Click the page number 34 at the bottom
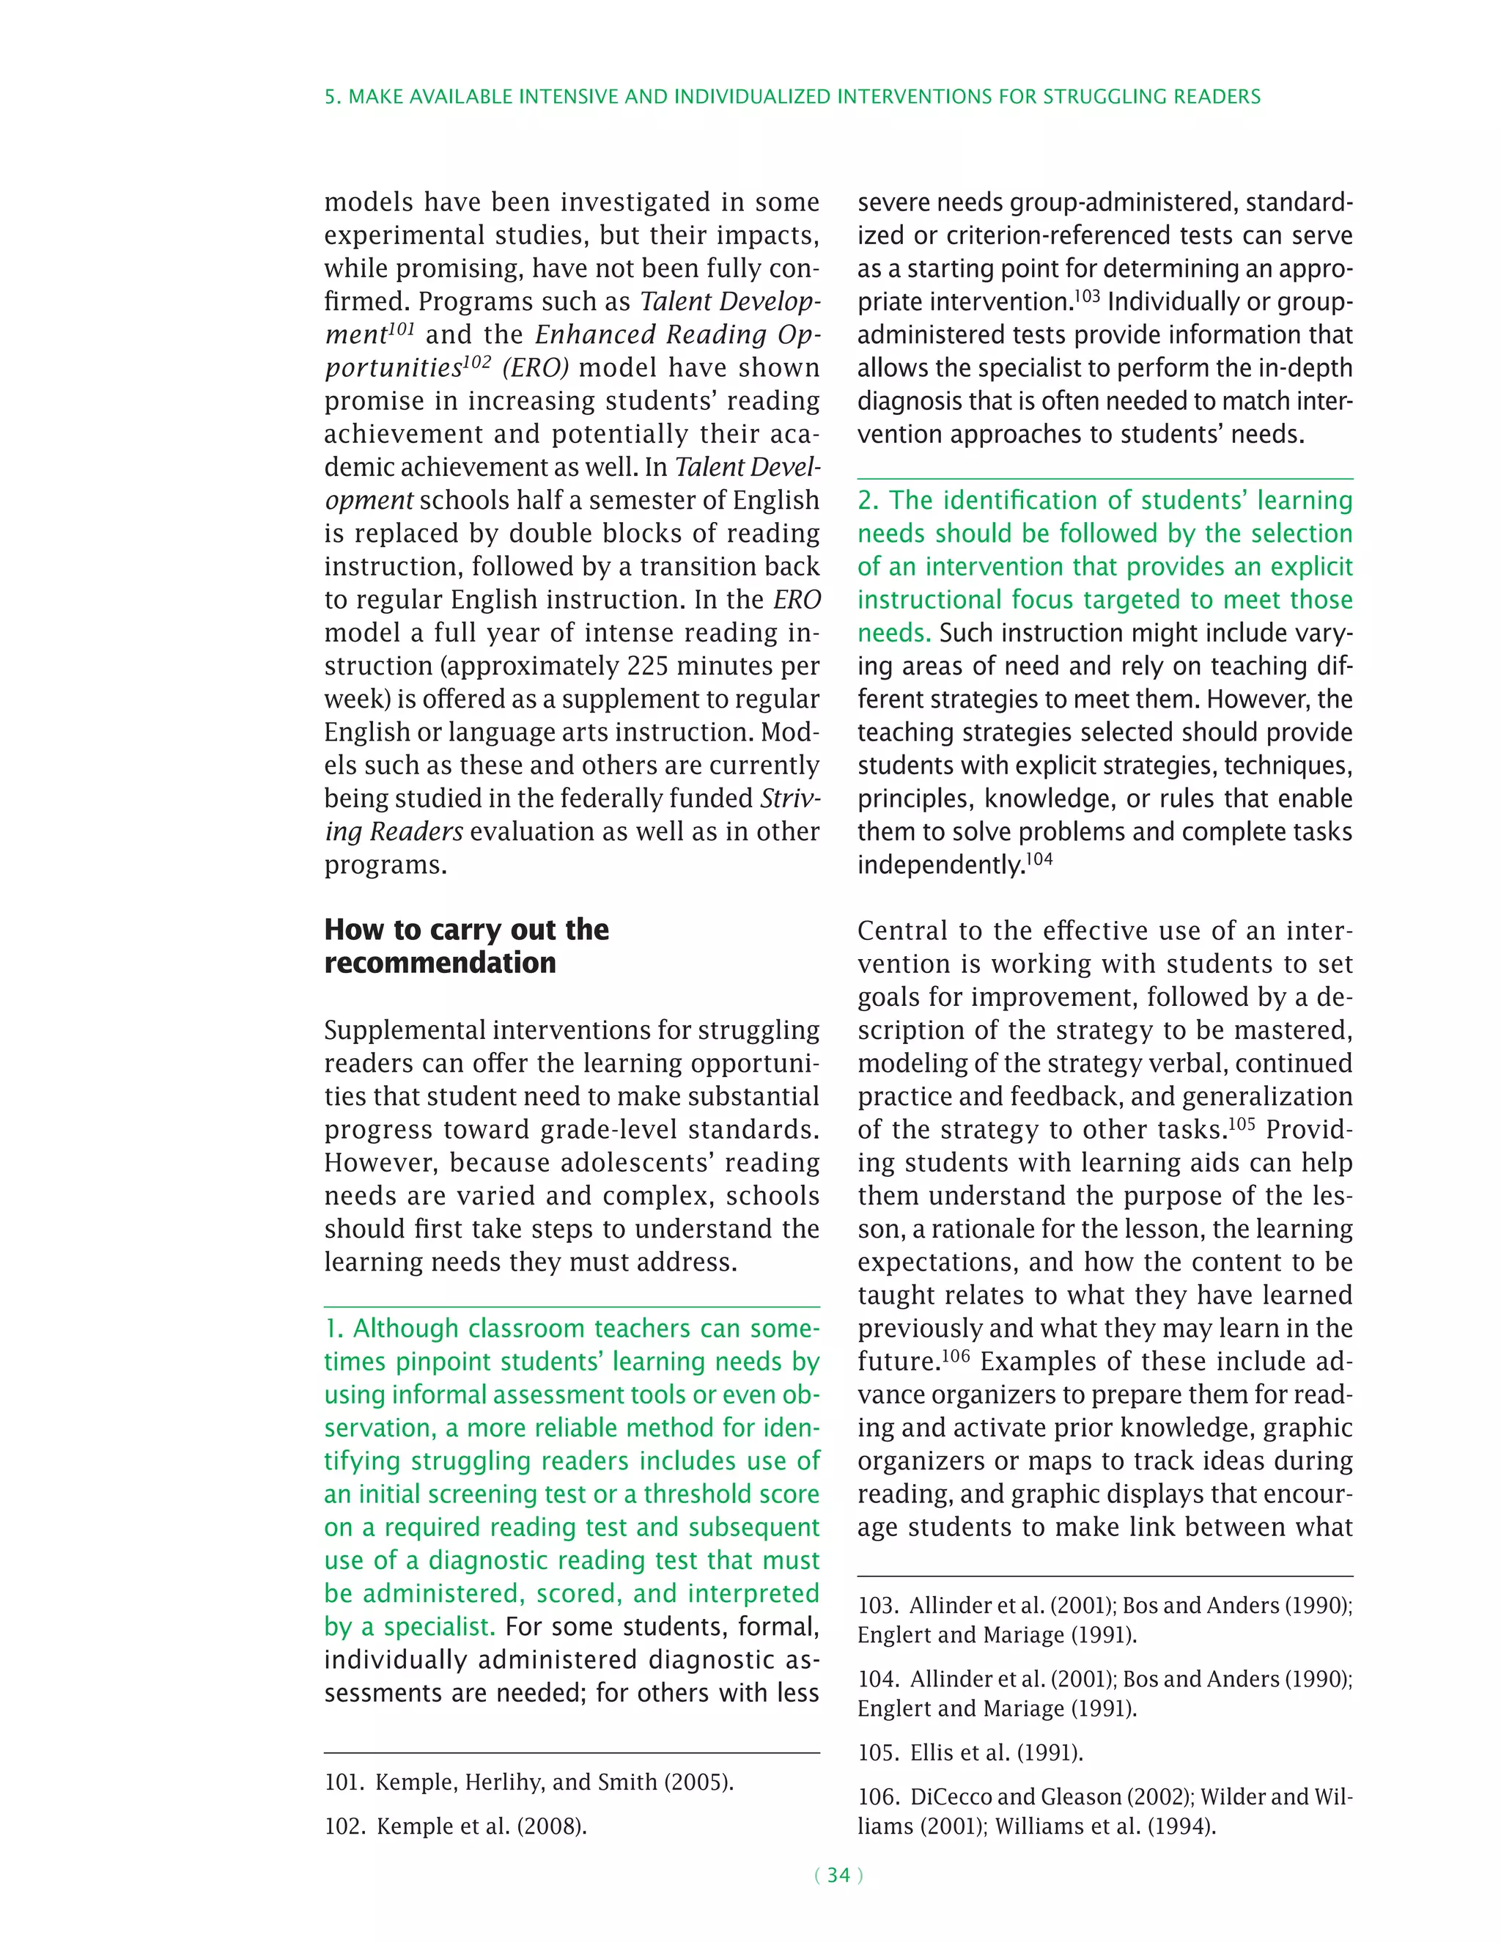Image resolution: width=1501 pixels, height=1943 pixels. [x=838, y=1876]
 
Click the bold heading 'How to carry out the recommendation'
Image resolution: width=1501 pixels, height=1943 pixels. [x=466, y=946]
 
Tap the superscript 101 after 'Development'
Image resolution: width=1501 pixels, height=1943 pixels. [x=401, y=329]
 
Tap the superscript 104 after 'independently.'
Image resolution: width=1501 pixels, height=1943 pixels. [x=1039, y=859]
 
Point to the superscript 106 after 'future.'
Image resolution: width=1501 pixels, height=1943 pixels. [x=956, y=1356]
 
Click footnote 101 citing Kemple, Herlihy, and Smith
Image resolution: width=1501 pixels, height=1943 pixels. [x=528, y=1782]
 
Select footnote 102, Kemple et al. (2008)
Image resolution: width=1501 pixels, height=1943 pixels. [x=455, y=1826]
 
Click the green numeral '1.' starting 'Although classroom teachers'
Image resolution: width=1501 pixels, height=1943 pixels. [x=333, y=1329]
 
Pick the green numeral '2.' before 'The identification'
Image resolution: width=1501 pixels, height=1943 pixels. [x=867, y=501]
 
